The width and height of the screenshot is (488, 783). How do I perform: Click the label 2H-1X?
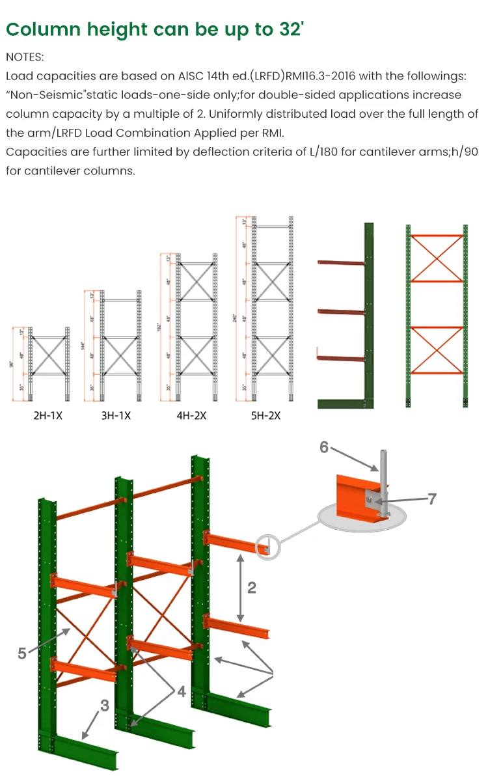pyautogui.click(x=47, y=415)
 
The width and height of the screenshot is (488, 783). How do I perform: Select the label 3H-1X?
pyautogui.click(x=116, y=415)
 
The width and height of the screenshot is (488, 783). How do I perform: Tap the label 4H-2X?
pyautogui.click(x=191, y=415)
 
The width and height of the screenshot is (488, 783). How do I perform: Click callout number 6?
pyautogui.click(x=324, y=447)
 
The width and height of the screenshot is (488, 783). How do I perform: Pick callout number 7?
pyautogui.click(x=431, y=499)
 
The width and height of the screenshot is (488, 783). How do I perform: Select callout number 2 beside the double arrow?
pyautogui.click(x=251, y=588)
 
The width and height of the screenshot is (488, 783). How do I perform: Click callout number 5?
pyautogui.click(x=22, y=653)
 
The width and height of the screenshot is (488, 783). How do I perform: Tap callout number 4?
pyautogui.click(x=182, y=692)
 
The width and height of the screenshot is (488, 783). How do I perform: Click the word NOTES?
pyautogui.click(x=25, y=57)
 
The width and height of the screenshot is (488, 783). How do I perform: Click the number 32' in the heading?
pyautogui.click(x=291, y=29)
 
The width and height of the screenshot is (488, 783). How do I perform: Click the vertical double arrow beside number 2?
pyautogui.click(x=240, y=588)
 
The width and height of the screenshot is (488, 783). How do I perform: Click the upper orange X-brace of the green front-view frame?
pyautogui.click(x=437, y=258)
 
